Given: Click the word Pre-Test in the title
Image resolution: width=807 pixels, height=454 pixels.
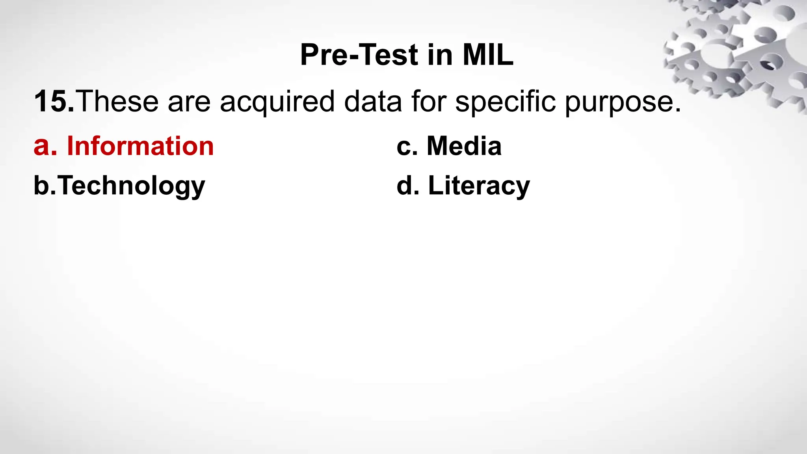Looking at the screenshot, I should (x=359, y=55).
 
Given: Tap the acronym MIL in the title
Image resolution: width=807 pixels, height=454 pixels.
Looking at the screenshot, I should (x=488, y=55).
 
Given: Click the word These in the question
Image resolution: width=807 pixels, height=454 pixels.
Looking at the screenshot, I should (x=119, y=102).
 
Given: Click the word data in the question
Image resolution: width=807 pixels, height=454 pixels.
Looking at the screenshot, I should (x=373, y=102).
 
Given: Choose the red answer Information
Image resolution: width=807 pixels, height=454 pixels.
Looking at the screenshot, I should (x=140, y=146).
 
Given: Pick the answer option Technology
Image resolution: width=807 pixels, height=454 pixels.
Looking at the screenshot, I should (x=132, y=186).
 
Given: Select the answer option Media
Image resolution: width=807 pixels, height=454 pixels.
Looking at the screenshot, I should (x=464, y=146).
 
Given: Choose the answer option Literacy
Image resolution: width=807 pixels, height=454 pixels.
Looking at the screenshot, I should (x=479, y=186).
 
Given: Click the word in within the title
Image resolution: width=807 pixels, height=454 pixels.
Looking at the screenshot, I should (x=440, y=55).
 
